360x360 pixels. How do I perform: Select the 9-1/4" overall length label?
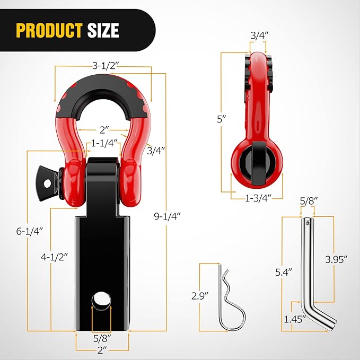tap(167, 216)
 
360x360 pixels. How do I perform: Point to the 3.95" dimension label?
tap(336, 259)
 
